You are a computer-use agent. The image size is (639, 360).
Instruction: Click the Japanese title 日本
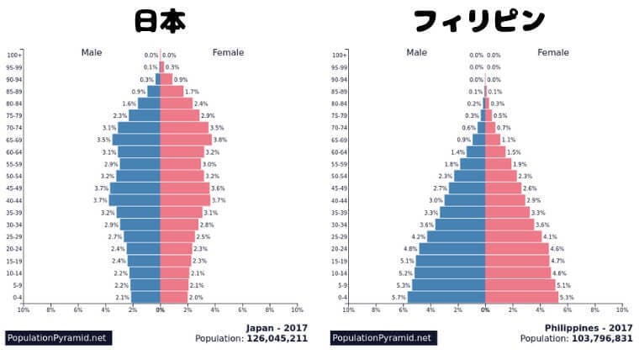(160, 21)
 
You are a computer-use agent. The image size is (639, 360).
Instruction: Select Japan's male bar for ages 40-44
(135, 200)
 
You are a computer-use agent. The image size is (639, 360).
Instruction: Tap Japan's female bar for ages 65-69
(185, 140)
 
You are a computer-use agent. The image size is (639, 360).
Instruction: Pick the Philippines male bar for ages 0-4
(446, 297)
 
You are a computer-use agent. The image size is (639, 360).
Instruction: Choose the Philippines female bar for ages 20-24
(515, 249)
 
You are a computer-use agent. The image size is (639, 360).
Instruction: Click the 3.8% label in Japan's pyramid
(219, 140)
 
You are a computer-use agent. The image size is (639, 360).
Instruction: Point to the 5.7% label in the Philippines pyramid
(399, 298)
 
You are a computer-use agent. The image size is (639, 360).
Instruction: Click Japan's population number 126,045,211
(277, 339)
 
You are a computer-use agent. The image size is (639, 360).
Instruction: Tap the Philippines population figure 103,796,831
(601, 339)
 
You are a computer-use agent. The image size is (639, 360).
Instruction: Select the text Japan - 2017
(276, 327)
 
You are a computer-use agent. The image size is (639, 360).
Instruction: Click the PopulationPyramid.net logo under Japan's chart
(58, 338)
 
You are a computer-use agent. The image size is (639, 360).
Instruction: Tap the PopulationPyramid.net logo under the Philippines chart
(383, 338)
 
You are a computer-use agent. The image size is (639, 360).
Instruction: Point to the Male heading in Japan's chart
(92, 52)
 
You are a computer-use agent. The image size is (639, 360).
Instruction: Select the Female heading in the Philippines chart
(553, 52)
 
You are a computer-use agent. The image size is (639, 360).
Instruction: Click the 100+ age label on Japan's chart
(14, 55)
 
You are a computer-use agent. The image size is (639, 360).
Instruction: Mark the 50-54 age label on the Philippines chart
(339, 176)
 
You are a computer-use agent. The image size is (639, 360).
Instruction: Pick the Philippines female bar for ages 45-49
(503, 188)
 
